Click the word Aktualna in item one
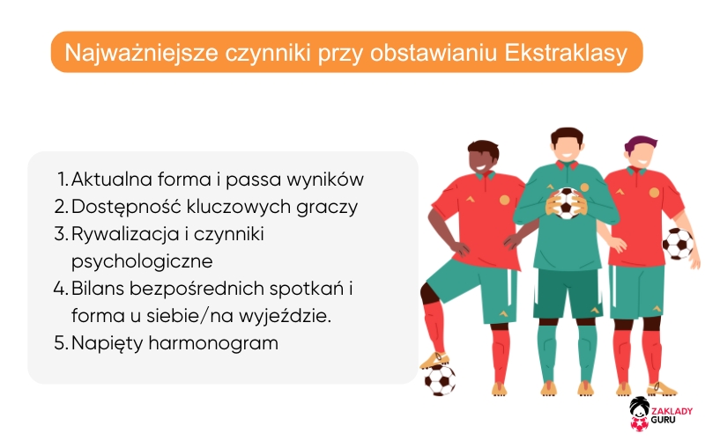[x=109, y=180]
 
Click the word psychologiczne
[x=142, y=261]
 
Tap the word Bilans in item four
[x=100, y=289]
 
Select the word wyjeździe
[x=290, y=316]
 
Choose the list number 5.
[x=61, y=343]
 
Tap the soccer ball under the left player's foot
[x=440, y=379]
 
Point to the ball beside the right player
[x=678, y=243]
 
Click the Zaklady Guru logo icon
[x=639, y=414]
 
